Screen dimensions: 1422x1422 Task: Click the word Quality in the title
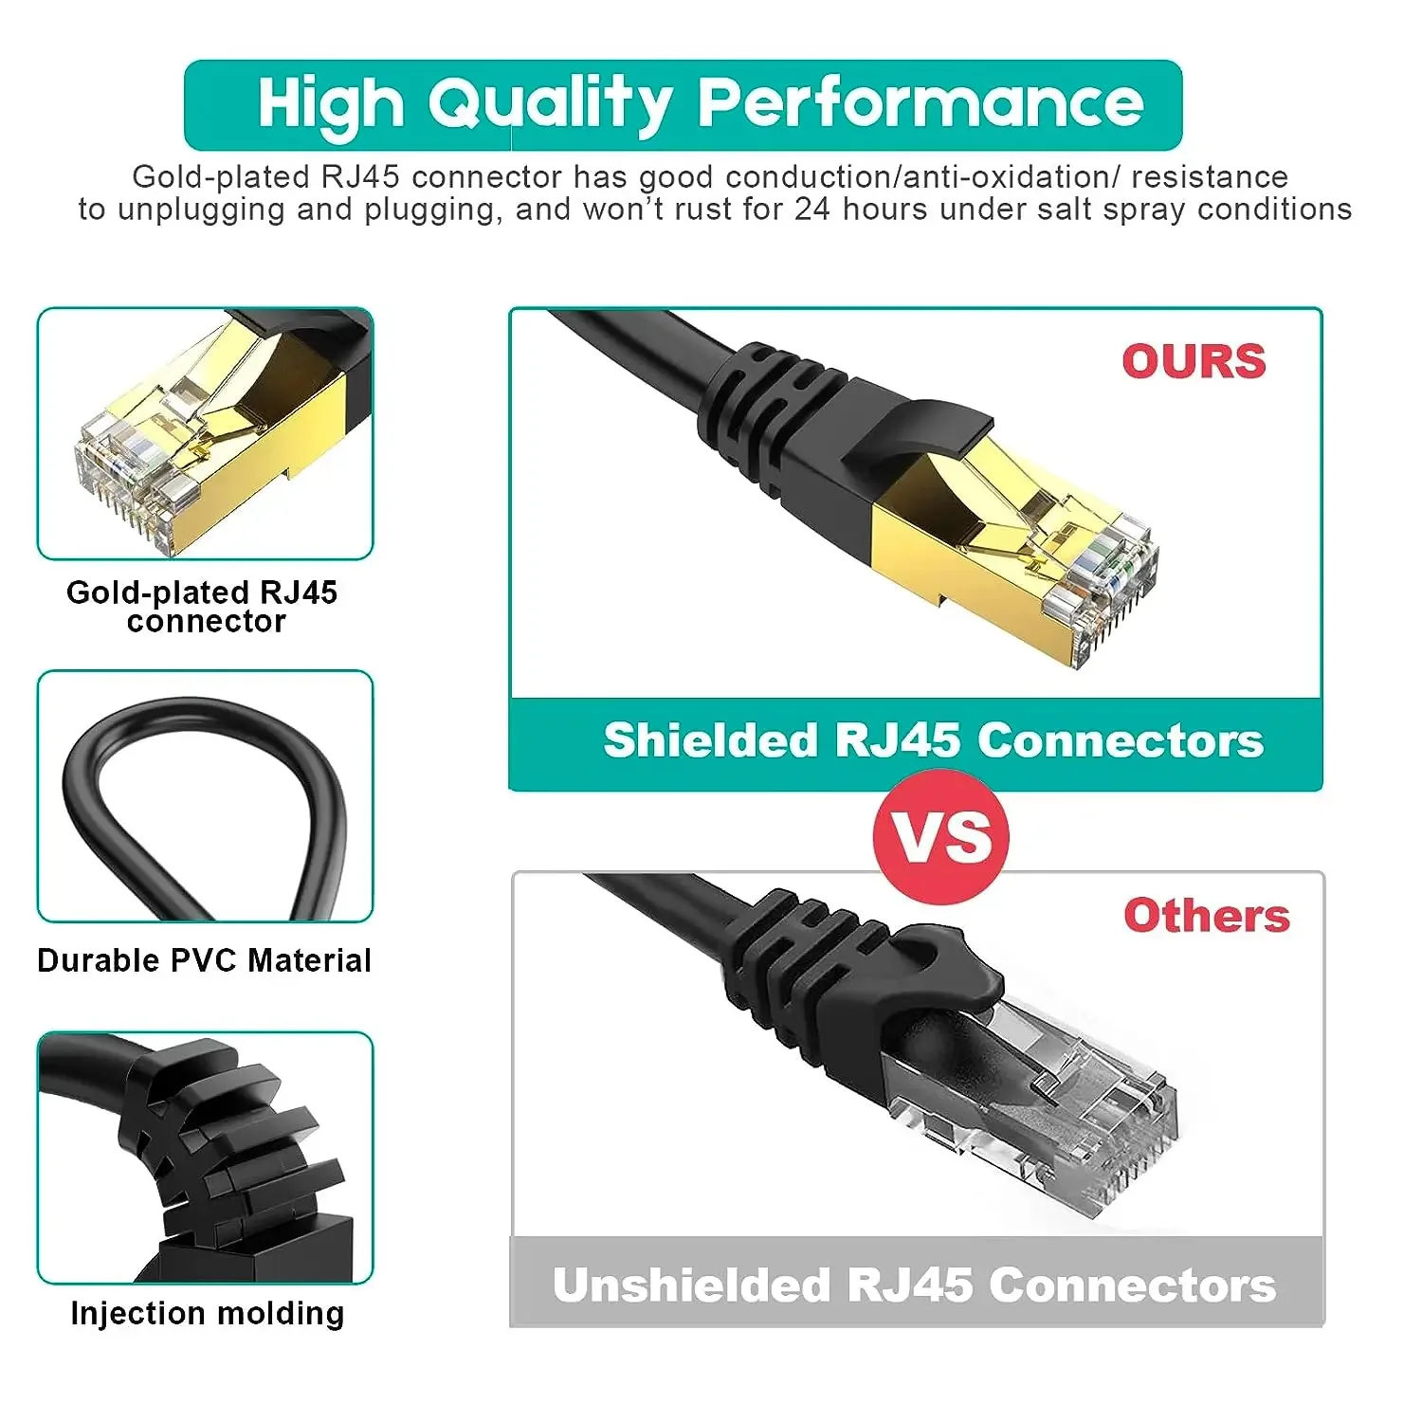pos(550,104)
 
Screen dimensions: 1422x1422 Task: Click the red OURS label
pos(1194,361)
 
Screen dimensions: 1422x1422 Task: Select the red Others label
pos(1206,916)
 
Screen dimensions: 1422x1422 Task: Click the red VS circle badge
pos(940,837)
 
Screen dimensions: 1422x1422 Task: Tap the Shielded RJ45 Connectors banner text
pos(933,740)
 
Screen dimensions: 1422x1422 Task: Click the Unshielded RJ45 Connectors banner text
pos(914,1285)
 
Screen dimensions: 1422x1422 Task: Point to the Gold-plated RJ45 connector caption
pos(203,606)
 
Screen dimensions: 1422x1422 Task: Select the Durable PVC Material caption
pos(204,960)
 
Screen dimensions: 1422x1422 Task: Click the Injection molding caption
pos(207,1313)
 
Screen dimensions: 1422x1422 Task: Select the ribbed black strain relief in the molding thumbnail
pos(228,1147)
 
